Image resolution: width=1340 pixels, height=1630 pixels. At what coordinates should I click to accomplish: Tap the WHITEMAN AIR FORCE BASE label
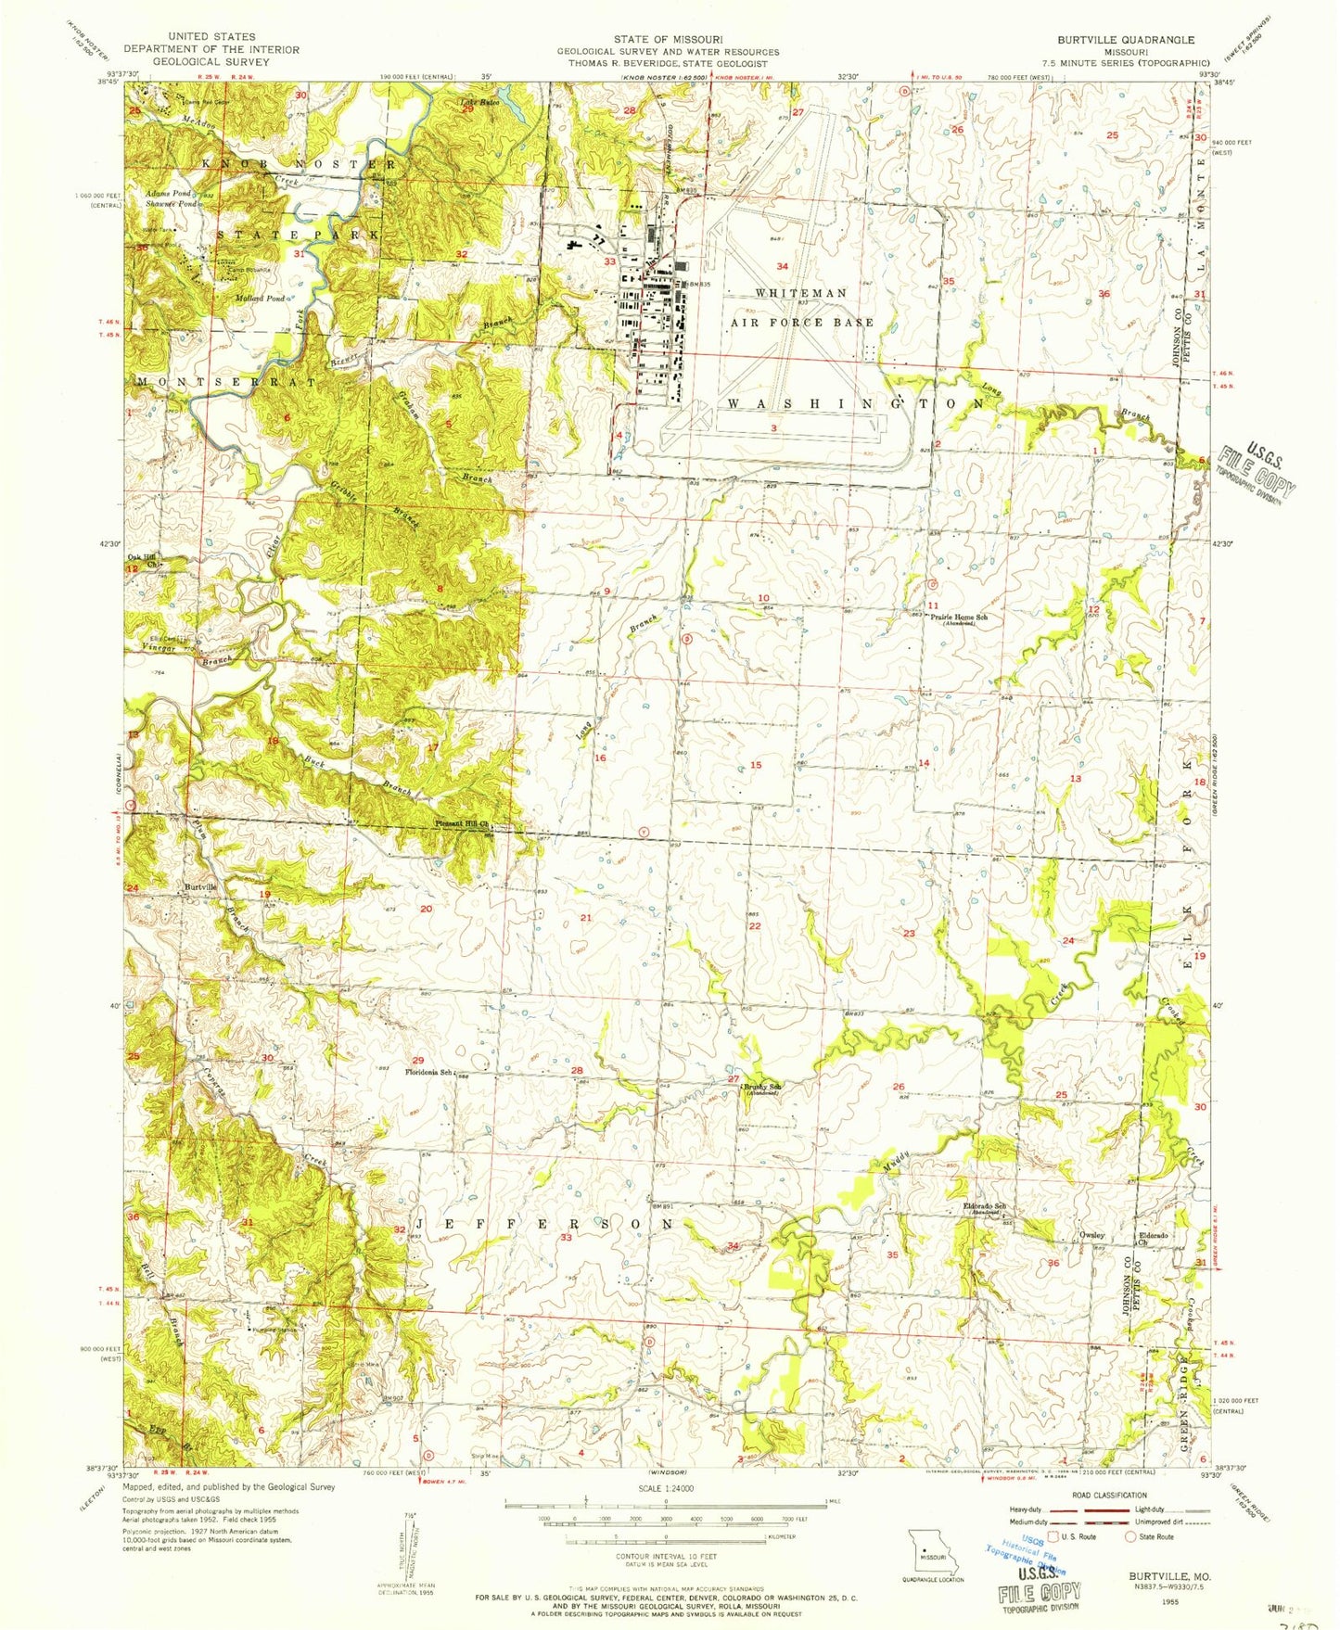pyautogui.click(x=801, y=307)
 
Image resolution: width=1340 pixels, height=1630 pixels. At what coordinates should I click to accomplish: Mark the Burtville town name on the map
pyautogui.click(x=201, y=887)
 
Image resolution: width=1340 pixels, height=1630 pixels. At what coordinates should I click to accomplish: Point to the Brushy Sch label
pyautogui.click(x=763, y=1087)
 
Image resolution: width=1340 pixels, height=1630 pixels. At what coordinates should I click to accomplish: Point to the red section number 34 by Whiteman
pyautogui.click(x=782, y=266)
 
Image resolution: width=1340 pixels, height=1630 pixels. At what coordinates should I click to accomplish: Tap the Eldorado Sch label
pyautogui.click(x=988, y=1208)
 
